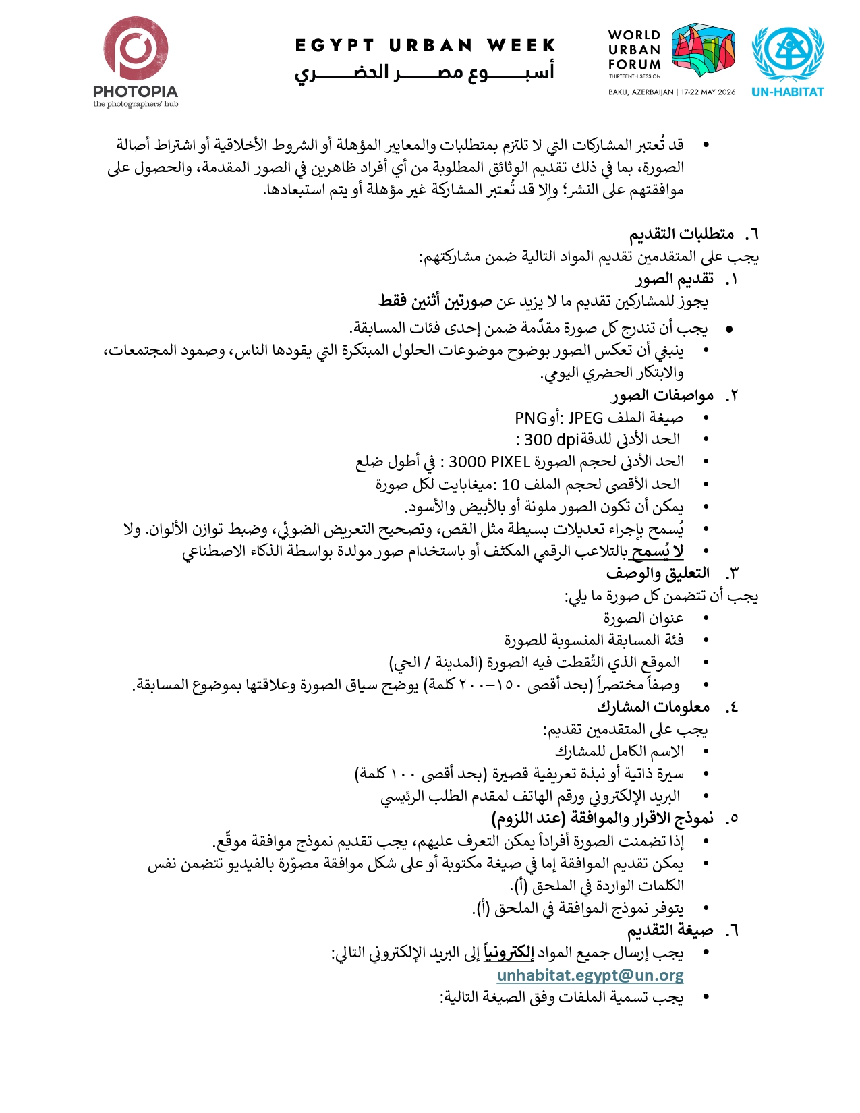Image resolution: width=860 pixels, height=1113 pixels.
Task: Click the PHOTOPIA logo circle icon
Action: [x=136, y=49]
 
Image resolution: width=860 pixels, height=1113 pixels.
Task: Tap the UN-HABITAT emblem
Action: [x=788, y=55]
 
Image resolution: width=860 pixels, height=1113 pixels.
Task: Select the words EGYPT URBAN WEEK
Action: [x=425, y=45]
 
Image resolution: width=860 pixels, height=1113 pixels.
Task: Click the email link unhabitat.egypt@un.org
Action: [x=590, y=975]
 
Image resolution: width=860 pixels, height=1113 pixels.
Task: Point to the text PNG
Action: [x=530, y=418]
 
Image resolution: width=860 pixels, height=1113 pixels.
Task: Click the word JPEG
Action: [x=585, y=418]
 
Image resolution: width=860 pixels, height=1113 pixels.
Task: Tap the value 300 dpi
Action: [x=552, y=440]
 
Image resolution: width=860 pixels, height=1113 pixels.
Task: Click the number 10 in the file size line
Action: [x=511, y=484]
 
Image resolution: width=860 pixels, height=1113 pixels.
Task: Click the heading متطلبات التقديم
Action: [x=681, y=234]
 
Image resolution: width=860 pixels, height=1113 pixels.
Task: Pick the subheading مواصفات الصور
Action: [x=653, y=395]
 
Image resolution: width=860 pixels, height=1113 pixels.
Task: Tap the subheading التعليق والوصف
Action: [x=658, y=573]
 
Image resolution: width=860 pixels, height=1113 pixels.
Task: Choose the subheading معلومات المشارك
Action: [x=653, y=706]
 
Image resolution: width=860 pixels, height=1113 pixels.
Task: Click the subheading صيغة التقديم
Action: [x=670, y=930]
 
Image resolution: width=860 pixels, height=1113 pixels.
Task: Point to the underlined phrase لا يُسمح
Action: [x=657, y=551]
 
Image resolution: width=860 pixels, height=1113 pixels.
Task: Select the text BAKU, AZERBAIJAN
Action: [x=640, y=92]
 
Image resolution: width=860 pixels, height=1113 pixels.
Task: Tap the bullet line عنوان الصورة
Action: [x=643, y=618]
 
